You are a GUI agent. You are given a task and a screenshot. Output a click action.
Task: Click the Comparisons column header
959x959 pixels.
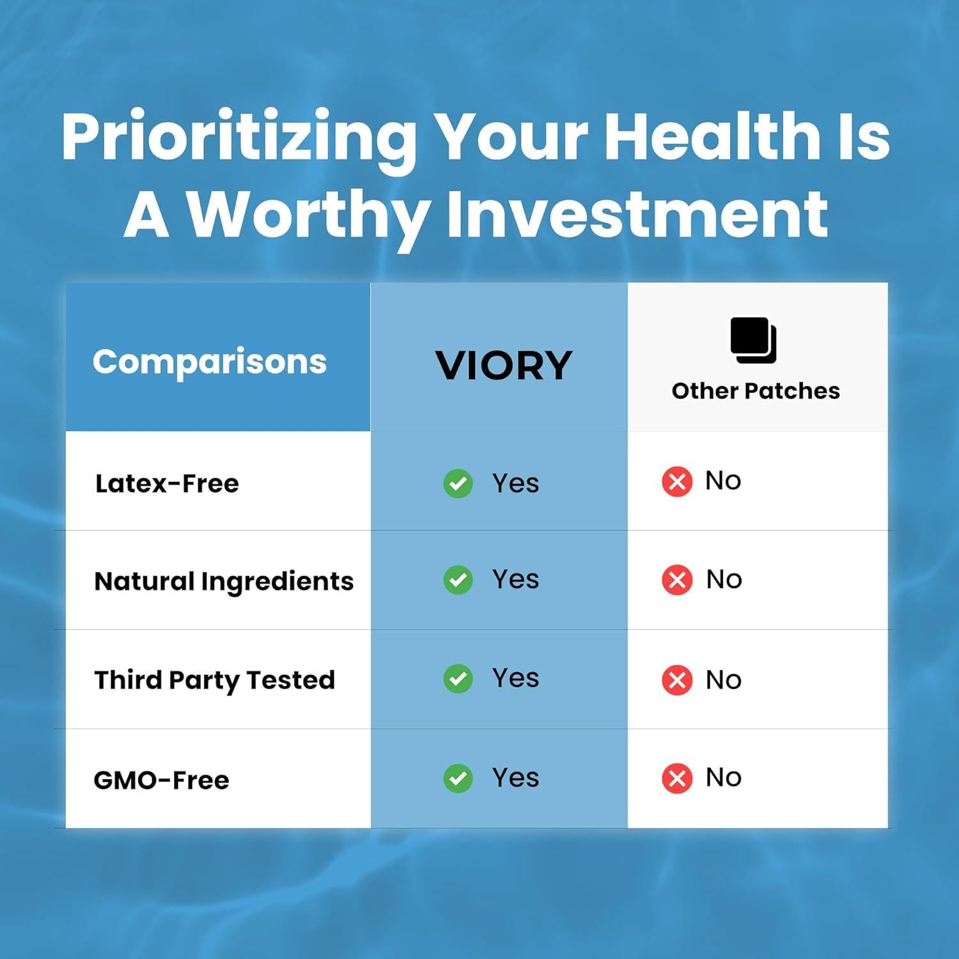pos(210,363)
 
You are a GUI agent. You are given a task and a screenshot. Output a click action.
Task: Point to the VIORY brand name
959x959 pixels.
pos(503,366)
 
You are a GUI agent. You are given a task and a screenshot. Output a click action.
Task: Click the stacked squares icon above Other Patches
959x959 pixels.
pos(754,340)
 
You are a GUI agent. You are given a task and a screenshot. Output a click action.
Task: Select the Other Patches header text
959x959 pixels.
pos(756,391)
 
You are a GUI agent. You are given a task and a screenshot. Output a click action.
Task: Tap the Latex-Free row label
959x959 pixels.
pos(167,483)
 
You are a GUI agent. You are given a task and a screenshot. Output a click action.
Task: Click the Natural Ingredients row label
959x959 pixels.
pos(224,582)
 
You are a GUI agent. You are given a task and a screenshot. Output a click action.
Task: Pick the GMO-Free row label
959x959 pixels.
pos(161,780)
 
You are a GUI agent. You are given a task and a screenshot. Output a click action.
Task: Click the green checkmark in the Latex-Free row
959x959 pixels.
pos(458,483)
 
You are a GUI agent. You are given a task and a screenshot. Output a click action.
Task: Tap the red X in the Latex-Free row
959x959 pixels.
pos(677,481)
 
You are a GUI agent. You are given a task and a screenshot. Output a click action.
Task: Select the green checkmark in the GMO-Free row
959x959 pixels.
pos(458,778)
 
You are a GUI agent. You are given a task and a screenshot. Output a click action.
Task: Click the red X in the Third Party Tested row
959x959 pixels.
pos(677,680)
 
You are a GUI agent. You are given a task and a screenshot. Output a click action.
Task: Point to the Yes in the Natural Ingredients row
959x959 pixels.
pos(515,579)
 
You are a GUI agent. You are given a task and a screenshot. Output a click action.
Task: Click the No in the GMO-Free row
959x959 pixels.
pos(724,778)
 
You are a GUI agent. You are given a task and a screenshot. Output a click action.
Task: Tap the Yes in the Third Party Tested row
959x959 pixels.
pos(515,678)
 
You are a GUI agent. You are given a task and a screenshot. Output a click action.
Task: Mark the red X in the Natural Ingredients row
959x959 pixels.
pos(677,580)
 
